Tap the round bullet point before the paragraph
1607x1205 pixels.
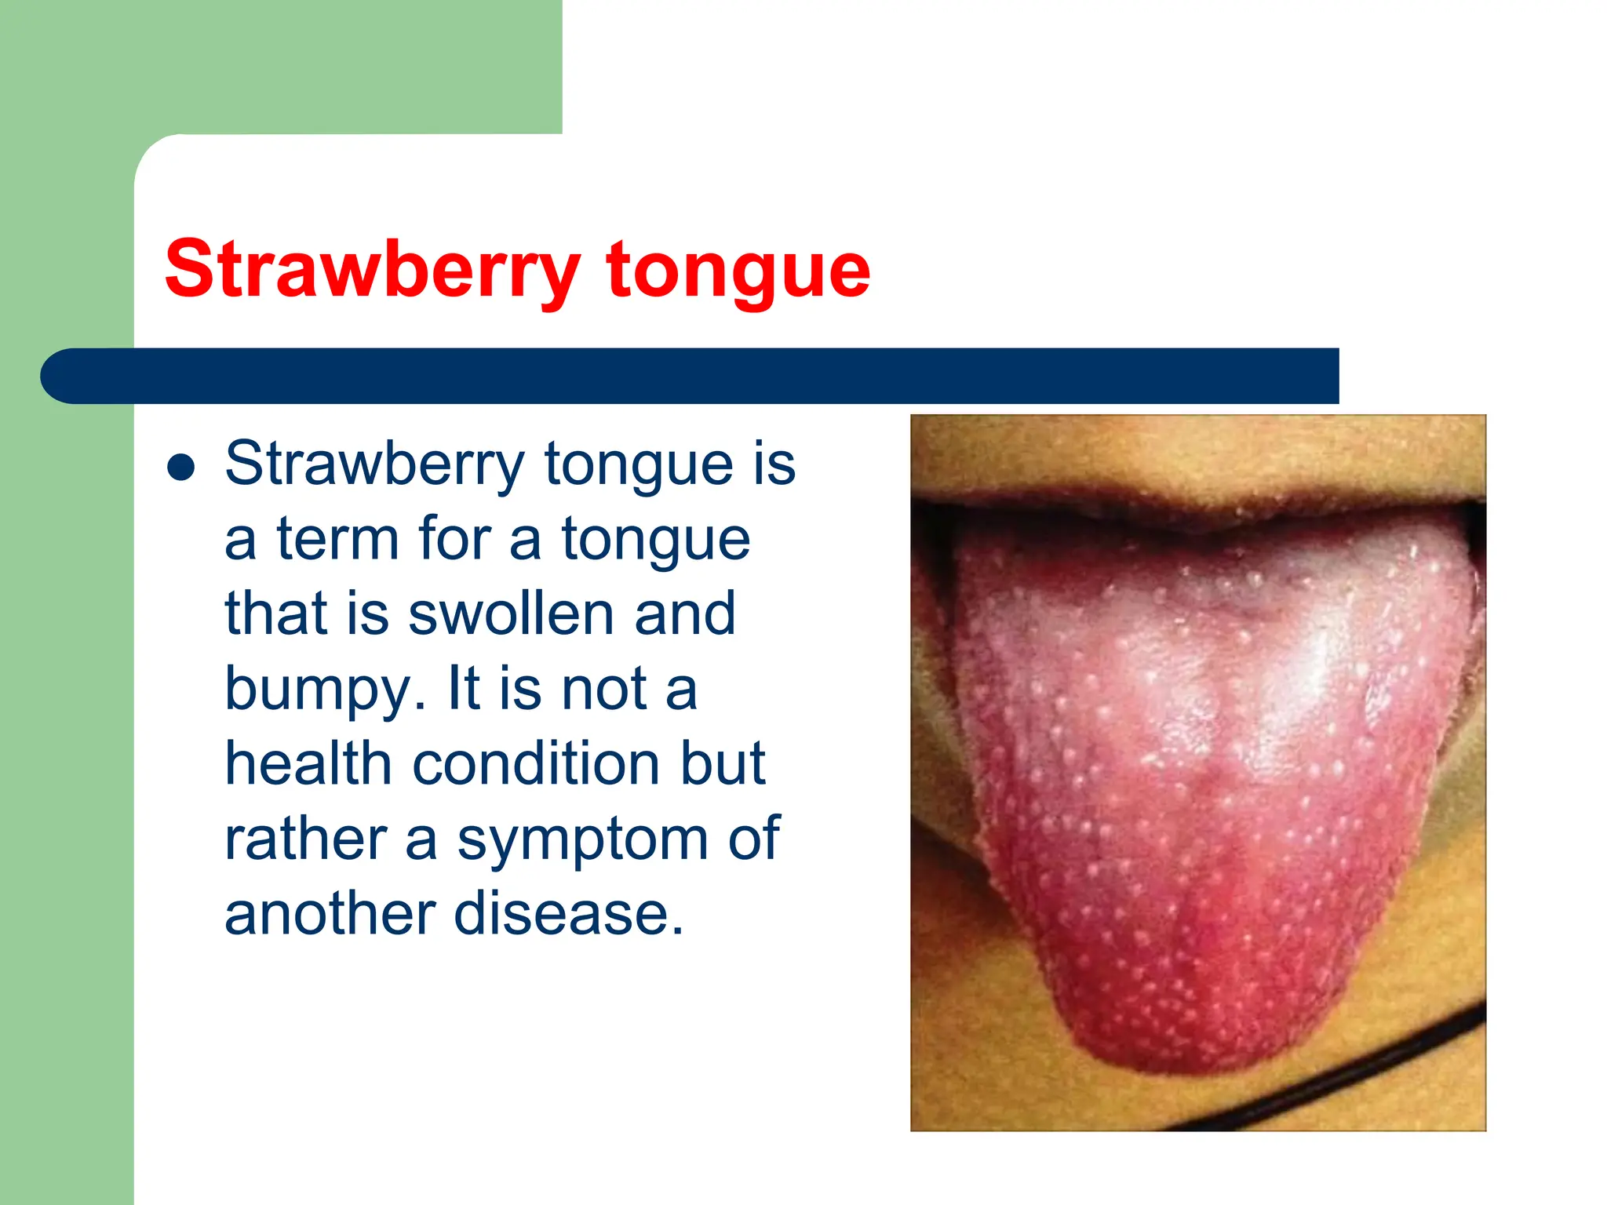(x=181, y=468)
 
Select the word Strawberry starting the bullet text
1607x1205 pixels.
(x=374, y=464)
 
